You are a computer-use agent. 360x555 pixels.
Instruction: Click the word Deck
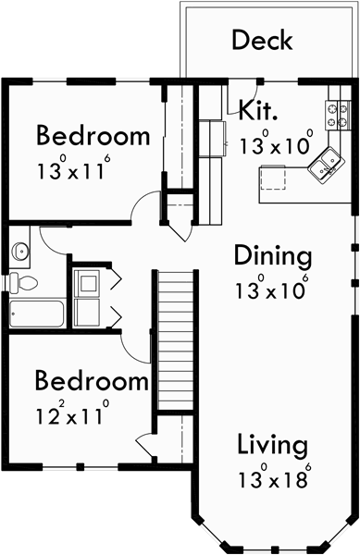pyautogui.click(x=262, y=41)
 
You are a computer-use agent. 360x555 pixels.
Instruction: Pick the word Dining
pyautogui.click(x=272, y=254)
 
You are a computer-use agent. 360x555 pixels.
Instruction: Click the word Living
pyautogui.click(x=272, y=445)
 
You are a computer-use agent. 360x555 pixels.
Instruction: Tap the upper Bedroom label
pyautogui.click(x=93, y=137)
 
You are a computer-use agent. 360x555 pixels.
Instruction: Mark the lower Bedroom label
pyautogui.click(x=92, y=381)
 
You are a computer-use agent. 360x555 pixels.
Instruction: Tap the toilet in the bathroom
pyautogui.click(x=23, y=283)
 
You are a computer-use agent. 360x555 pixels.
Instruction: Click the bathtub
pyautogui.click(x=37, y=314)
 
